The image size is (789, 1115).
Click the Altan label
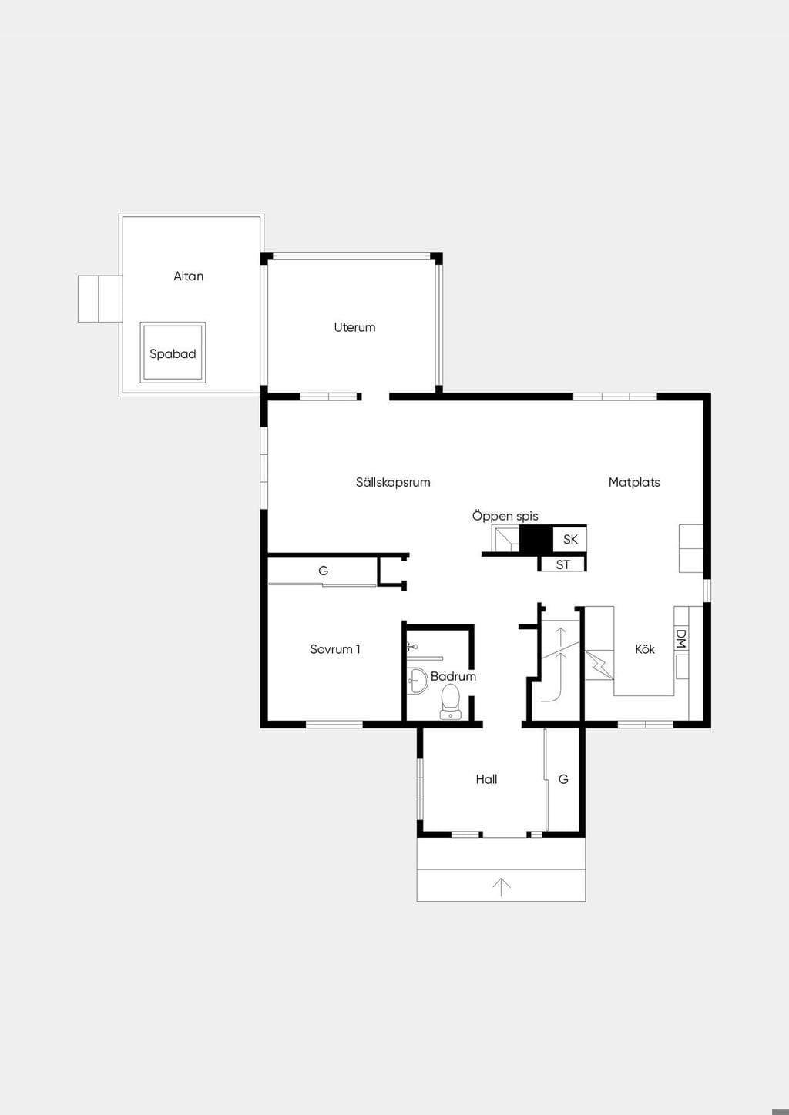click(188, 276)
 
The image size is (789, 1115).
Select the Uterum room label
click(354, 327)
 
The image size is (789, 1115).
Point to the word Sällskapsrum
click(393, 482)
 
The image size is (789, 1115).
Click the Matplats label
click(634, 482)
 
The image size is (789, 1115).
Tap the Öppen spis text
click(505, 516)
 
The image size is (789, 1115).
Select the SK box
click(570, 539)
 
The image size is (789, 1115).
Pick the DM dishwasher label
click(681, 638)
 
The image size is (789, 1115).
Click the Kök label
click(645, 649)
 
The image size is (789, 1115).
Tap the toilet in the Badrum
click(450, 701)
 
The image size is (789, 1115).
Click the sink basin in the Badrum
click(418, 681)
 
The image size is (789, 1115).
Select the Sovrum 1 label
click(334, 649)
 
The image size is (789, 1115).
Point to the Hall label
click(486, 779)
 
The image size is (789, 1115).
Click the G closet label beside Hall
click(563, 779)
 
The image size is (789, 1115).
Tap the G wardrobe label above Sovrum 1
click(324, 571)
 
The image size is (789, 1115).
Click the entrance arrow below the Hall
click(502, 887)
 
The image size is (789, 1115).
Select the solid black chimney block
click(536, 539)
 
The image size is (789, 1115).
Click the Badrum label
click(453, 676)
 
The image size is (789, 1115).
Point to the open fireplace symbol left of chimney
click(505, 538)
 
